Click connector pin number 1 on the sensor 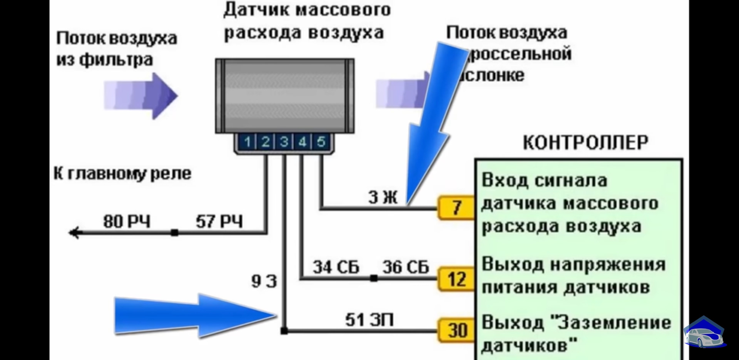tap(247, 142)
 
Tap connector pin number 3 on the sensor tap(284, 142)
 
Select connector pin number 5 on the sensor tap(321, 142)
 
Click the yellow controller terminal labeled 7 tap(456, 208)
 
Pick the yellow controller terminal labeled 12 tap(456, 279)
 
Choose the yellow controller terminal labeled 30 tap(456, 330)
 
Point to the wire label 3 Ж tap(382, 198)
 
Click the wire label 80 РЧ tap(127, 222)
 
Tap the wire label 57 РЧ tap(219, 222)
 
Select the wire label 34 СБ tap(336, 267)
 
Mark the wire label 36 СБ tap(406, 267)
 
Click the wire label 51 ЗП tap(369, 320)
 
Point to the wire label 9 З tap(264, 281)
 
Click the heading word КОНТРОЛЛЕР tap(585, 143)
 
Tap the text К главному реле tap(122, 174)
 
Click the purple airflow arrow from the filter tap(140, 96)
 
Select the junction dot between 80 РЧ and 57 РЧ tap(174, 233)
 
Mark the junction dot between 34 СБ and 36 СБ tap(373, 278)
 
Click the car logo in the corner tap(704, 334)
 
